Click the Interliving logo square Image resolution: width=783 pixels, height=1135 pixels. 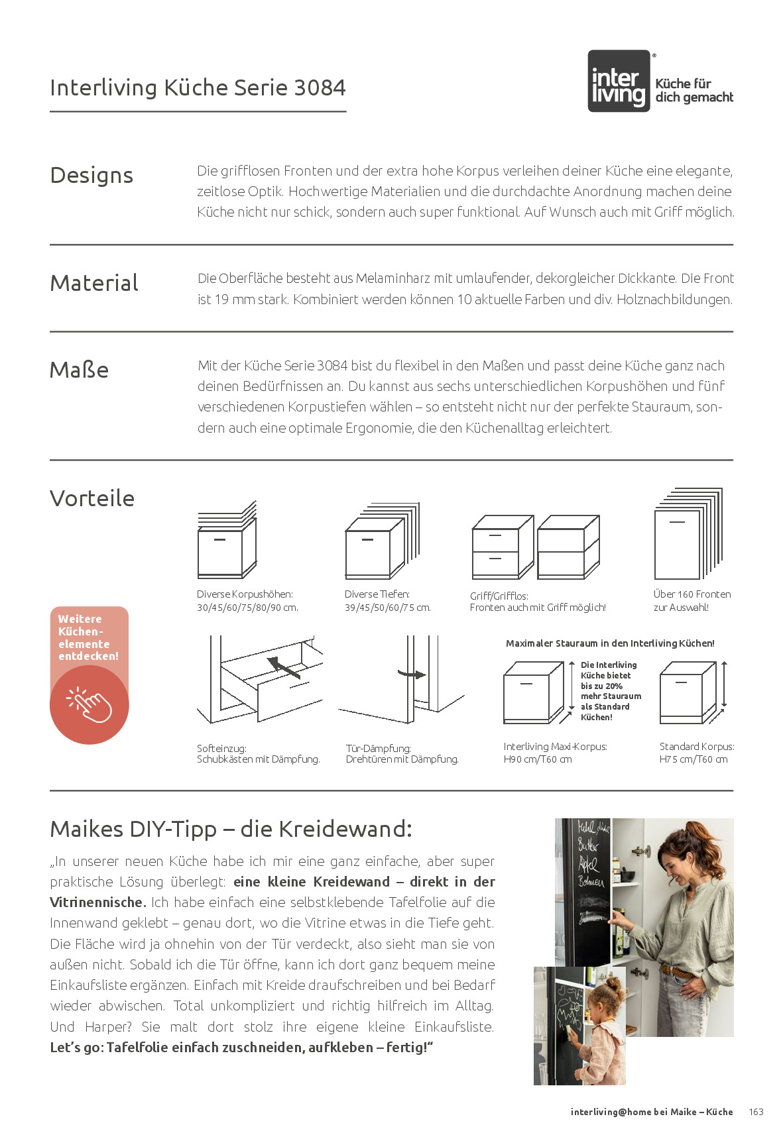[x=619, y=81]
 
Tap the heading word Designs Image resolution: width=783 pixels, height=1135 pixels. [x=91, y=176]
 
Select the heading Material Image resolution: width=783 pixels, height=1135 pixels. [x=94, y=284]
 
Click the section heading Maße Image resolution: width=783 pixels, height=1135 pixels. [x=79, y=370]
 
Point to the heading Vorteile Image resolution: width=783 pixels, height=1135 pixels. [x=92, y=498]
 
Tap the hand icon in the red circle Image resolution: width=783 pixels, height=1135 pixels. [x=90, y=705]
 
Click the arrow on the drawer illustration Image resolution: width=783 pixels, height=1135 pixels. [x=284, y=667]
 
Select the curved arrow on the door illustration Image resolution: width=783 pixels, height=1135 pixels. [x=412, y=675]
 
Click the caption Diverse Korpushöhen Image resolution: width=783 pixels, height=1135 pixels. [x=245, y=594]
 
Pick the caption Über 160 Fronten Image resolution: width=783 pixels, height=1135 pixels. [x=692, y=594]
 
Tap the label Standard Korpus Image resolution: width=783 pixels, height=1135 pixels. [x=697, y=747]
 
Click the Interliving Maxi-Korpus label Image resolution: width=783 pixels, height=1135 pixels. [x=555, y=747]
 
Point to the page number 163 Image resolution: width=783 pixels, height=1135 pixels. [x=756, y=1112]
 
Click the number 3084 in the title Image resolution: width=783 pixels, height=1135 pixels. [x=320, y=88]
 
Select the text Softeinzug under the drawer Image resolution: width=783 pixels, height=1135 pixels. [x=221, y=749]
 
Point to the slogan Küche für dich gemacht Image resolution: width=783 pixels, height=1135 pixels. [x=693, y=91]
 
